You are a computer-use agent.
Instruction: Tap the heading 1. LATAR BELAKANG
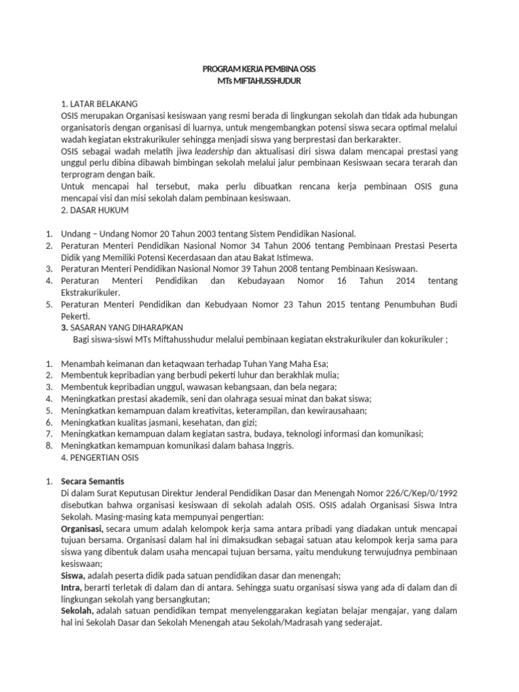[99, 103]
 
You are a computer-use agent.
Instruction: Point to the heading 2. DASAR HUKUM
[95, 210]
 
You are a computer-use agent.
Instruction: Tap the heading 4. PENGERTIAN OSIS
[99, 458]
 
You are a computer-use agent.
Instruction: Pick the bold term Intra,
[72, 588]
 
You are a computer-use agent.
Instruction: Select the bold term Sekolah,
[78, 612]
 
